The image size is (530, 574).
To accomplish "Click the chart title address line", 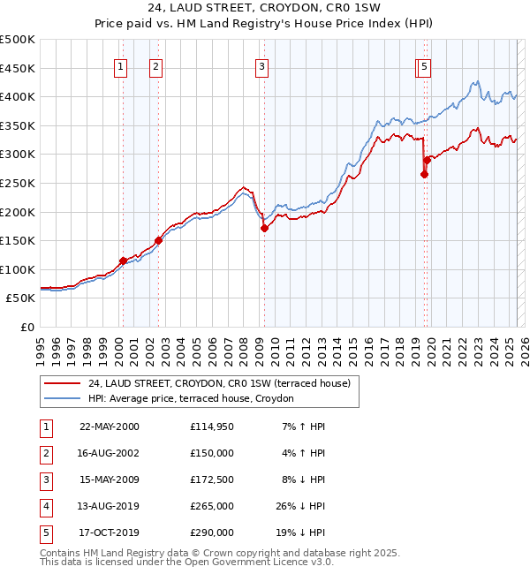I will coord(264,8).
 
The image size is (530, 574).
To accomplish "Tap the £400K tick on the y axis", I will coord(19,96).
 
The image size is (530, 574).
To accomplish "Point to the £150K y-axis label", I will coord(19,240).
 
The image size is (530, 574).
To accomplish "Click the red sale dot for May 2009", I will coord(264,228).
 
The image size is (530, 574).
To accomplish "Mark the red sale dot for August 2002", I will coord(158,240).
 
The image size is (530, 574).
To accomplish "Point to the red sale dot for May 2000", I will coord(123,261).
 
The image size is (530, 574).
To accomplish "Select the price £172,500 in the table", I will coord(212,480).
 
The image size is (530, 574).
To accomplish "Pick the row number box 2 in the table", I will coord(46,453).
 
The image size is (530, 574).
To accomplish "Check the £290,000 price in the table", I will coord(212,532).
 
